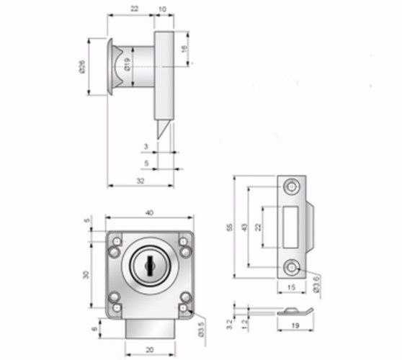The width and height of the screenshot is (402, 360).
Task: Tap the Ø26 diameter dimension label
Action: click(x=83, y=67)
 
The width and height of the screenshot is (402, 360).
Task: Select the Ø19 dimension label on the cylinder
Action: click(x=128, y=64)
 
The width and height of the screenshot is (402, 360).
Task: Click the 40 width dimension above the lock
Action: click(x=149, y=213)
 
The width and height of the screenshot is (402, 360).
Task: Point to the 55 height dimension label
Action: click(x=230, y=228)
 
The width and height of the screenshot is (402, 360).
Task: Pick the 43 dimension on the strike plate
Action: click(x=245, y=227)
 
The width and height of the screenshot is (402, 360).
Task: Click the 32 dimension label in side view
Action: click(x=140, y=181)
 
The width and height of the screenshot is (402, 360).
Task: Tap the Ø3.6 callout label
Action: click(x=316, y=284)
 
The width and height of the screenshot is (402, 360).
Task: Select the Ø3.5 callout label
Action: click(x=201, y=329)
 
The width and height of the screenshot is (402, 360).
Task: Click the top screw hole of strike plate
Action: click(x=292, y=186)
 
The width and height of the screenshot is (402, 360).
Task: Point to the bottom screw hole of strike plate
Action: click(x=292, y=268)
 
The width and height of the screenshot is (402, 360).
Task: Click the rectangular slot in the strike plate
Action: click(x=291, y=227)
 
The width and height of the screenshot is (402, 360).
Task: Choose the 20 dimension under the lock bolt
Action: click(x=149, y=350)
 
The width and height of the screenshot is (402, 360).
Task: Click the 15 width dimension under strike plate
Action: click(x=291, y=287)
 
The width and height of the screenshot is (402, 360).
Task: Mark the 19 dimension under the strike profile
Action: click(x=295, y=325)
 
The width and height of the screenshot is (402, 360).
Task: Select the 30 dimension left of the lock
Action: click(x=86, y=274)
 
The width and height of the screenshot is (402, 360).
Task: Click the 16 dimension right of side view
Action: click(x=184, y=49)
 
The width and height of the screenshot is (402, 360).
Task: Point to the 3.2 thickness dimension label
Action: click(x=230, y=325)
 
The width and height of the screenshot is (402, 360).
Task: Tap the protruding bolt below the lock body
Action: click(x=151, y=329)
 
